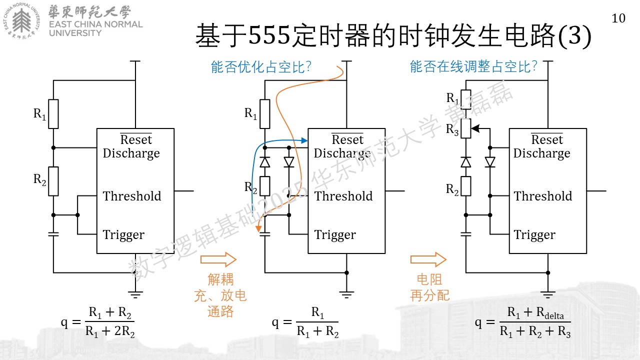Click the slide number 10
point(618,18)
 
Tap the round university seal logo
point(21,21)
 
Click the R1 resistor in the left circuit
point(53,114)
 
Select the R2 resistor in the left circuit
point(53,181)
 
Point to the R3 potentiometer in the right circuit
point(466,128)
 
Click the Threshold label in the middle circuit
point(343,196)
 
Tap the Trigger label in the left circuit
point(123,235)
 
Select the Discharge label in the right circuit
point(541,153)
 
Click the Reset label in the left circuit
point(136,139)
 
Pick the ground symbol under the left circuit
point(135,294)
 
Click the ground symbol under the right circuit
point(547,294)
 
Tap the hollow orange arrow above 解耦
point(218,259)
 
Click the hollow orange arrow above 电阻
point(428,259)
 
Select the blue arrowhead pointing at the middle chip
point(304,140)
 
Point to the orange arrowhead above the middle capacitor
point(258,229)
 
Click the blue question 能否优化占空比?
point(261,67)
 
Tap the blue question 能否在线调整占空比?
point(473,66)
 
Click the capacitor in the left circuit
point(53,234)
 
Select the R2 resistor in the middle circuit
point(265,186)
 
